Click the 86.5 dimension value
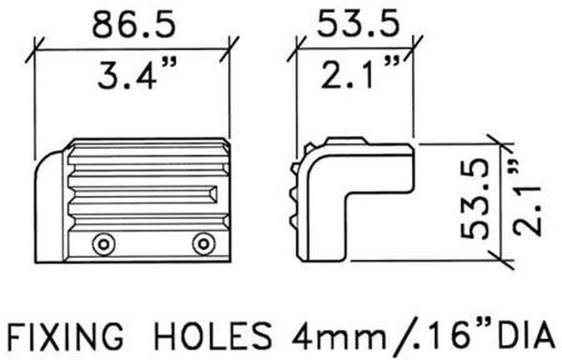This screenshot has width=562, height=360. click(x=133, y=26)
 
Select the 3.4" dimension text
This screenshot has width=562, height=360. click(x=133, y=75)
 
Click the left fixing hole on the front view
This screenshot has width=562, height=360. click(x=100, y=244)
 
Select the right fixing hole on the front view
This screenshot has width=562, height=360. click(x=201, y=244)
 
